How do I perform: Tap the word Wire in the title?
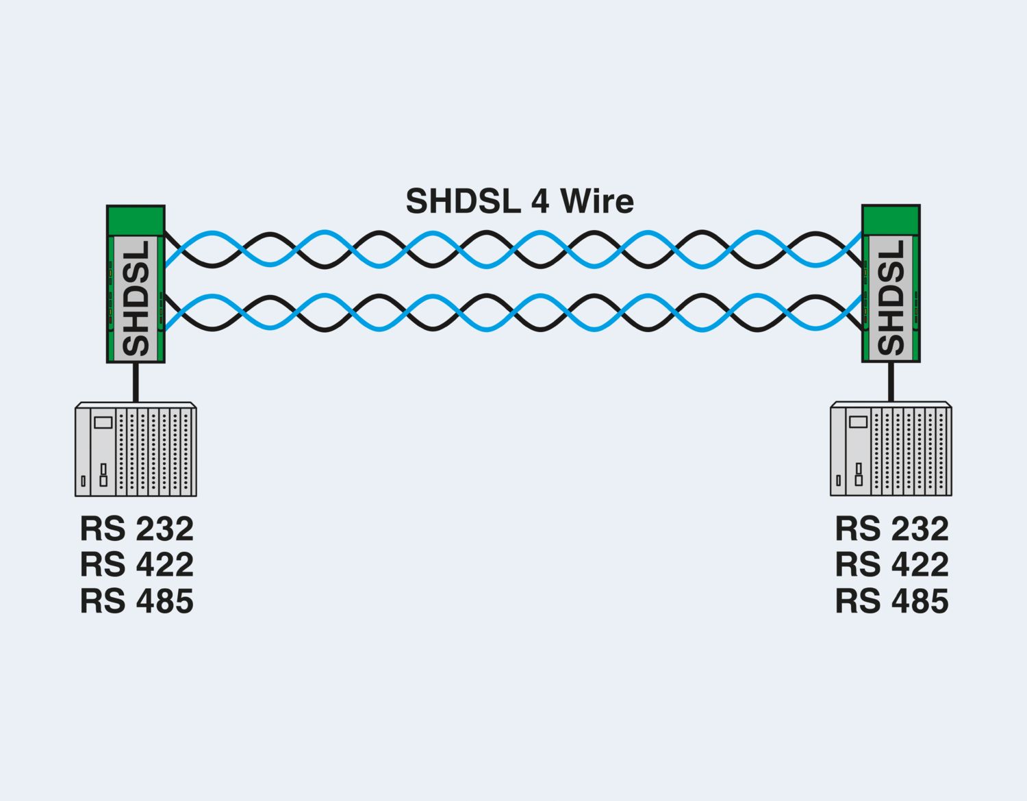click(x=596, y=201)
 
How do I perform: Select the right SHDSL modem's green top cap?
click(x=891, y=220)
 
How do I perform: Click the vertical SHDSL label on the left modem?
click(x=136, y=298)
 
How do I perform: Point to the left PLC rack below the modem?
click(x=136, y=450)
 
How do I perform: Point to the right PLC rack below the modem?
click(x=891, y=449)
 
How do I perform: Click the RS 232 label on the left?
click(x=137, y=529)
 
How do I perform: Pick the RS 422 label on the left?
click(x=137, y=565)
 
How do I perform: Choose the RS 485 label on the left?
click(x=137, y=601)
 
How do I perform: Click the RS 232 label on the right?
click(x=892, y=529)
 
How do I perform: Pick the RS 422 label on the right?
click(x=892, y=565)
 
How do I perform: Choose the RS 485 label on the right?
click(x=892, y=601)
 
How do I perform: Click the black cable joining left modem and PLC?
click(x=136, y=382)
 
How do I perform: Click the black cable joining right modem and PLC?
click(x=891, y=381)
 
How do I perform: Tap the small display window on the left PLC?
click(x=103, y=422)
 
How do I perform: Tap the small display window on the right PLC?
click(x=858, y=422)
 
